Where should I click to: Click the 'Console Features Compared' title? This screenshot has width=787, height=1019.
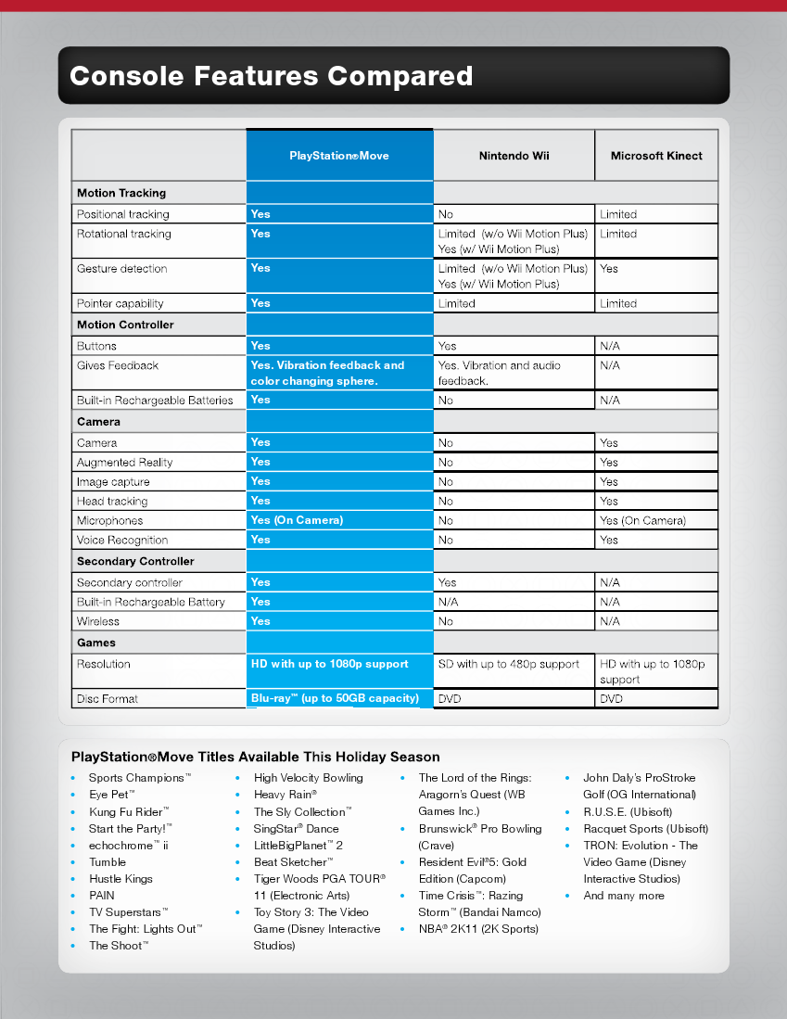coord(271,76)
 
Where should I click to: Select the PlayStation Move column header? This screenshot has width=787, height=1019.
coord(339,156)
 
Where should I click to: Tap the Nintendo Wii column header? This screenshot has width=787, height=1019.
coord(514,156)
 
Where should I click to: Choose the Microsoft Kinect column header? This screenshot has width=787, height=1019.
coord(656,156)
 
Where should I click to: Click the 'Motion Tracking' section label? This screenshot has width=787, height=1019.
coord(121,193)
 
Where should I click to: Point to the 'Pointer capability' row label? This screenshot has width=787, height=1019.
coord(120,303)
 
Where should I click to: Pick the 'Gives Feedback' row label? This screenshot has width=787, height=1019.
coord(118,365)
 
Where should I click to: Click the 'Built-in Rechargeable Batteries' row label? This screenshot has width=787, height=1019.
coord(155,400)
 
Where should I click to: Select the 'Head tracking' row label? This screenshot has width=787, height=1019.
coord(112,501)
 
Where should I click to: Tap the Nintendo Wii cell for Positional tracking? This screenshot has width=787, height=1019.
coord(446,214)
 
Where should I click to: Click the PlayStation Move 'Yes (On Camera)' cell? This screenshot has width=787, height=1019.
coord(297,520)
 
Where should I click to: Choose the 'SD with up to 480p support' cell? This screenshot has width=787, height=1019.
coord(509,664)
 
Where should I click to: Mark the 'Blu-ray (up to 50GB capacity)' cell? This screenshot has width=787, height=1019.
coord(335,698)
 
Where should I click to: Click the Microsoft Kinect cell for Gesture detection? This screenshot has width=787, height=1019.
coord(609,269)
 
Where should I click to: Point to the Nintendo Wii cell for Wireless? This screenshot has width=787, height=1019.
coord(446,621)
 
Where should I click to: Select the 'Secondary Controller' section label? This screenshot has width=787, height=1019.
coord(135,561)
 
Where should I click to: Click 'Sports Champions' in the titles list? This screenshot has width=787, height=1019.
coord(139,778)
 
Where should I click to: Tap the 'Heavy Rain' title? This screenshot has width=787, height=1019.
coord(286,795)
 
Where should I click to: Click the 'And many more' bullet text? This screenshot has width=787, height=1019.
coord(624,896)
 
